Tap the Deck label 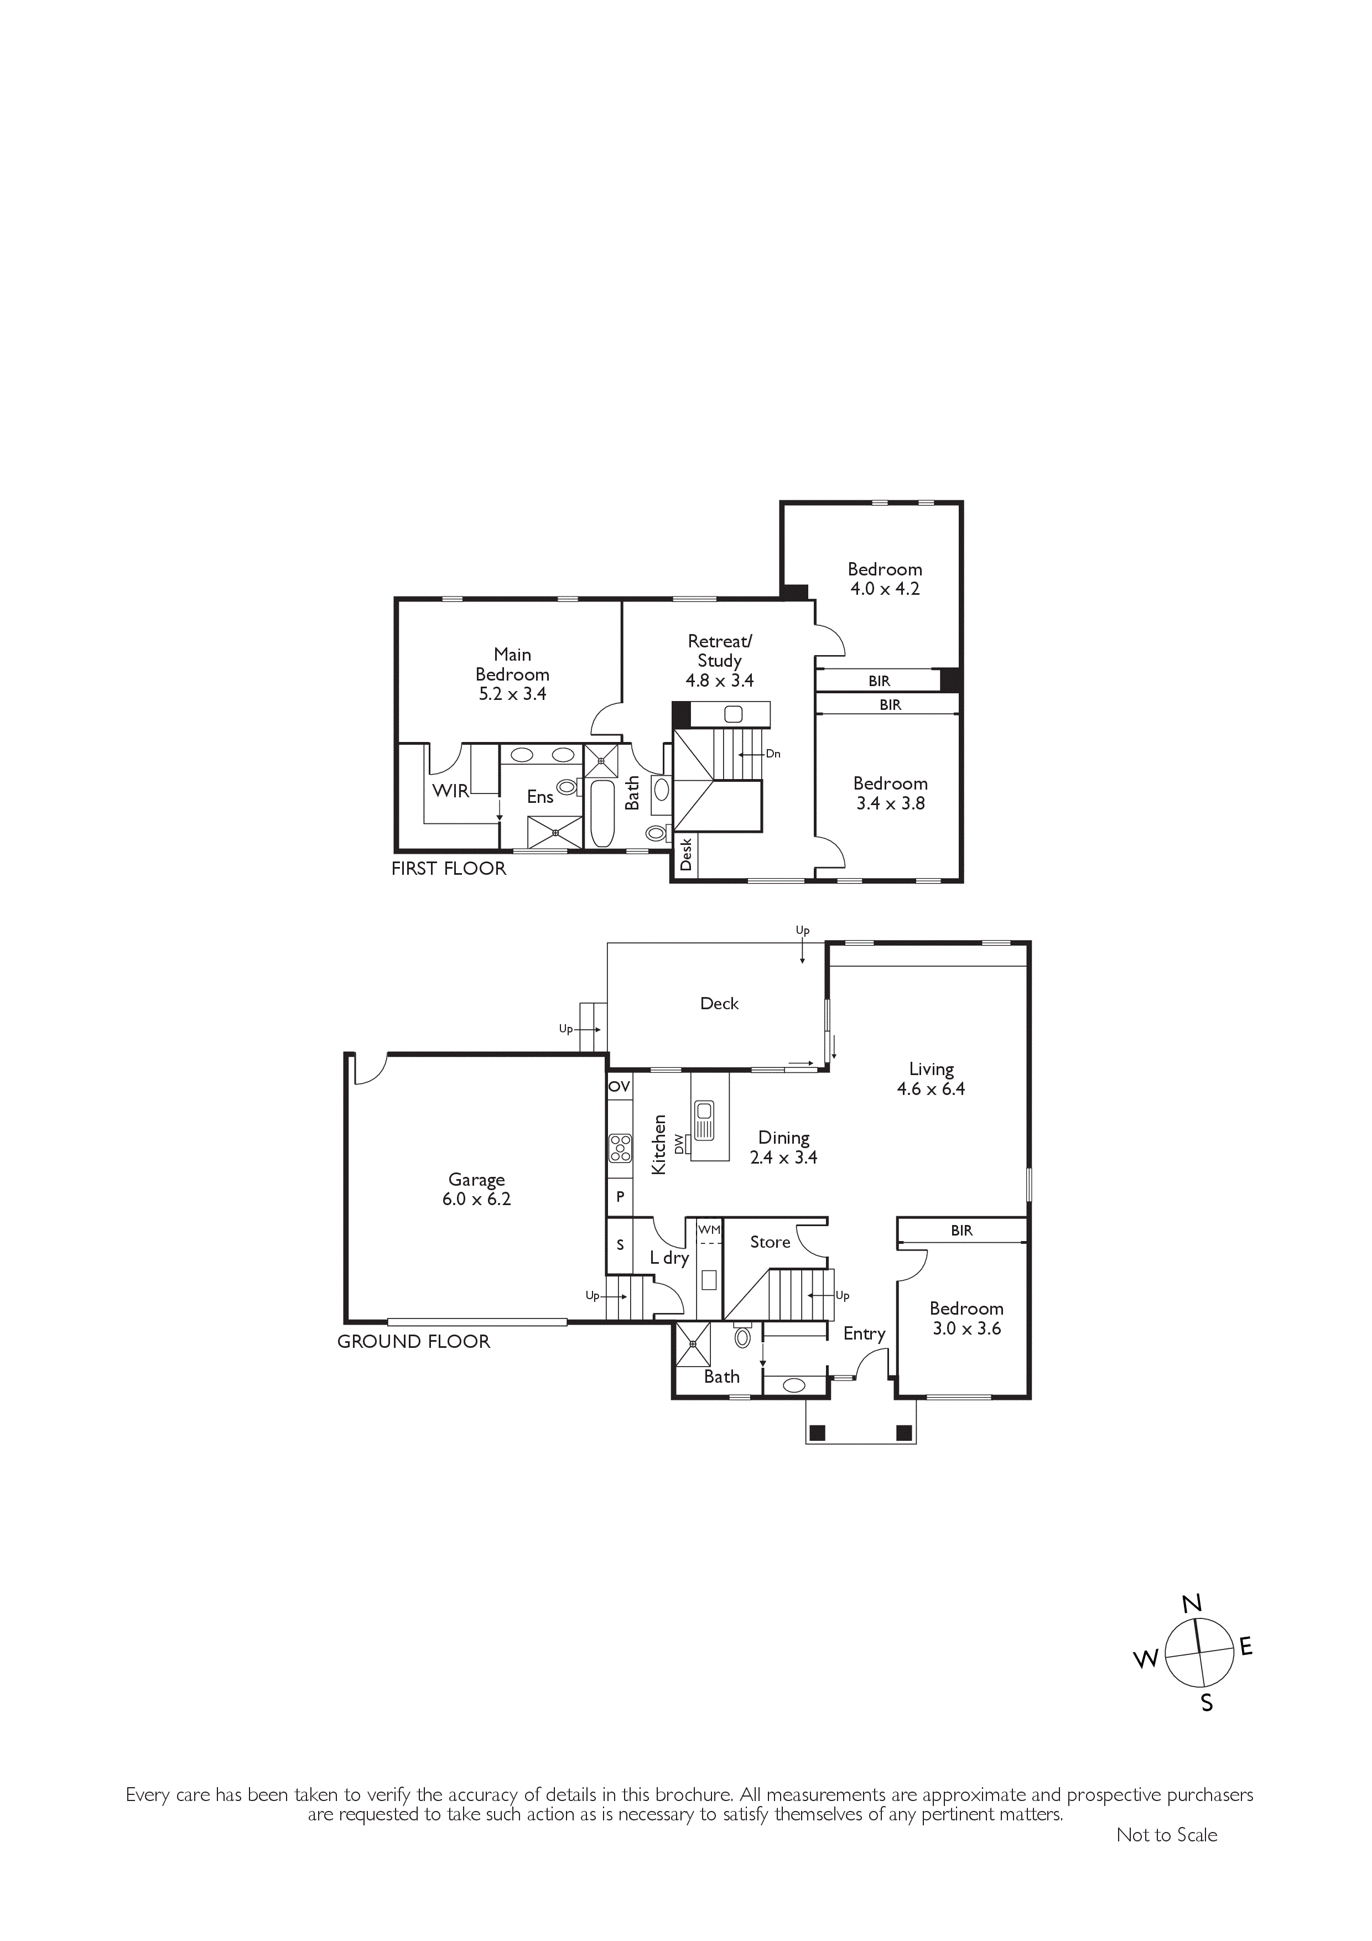pos(719,1004)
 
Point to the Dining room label pos(783,1138)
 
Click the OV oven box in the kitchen pos(620,1086)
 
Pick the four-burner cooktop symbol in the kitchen pos(621,1147)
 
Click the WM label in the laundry pos(709,1229)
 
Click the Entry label pos(864,1334)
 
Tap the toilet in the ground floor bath pos(743,1337)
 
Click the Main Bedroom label pos(512,665)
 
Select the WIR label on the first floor pos(450,791)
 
